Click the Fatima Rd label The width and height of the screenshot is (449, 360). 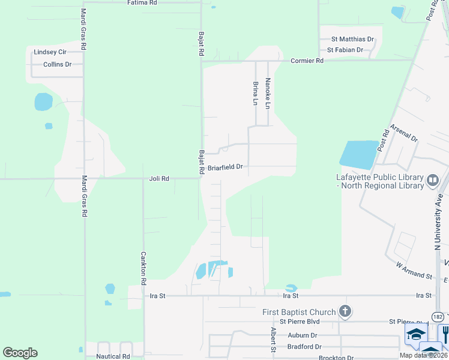[x=142, y=3]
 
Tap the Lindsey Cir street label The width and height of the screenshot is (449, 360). [x=50, y=52]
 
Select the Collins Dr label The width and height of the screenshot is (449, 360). [x=59, y=64]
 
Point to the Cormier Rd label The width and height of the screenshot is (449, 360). [x=307, y=61]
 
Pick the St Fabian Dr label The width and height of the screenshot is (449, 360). [x=345, y=50]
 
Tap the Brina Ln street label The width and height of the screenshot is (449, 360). [x=256, y=94]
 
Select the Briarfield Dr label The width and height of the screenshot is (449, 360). [x=225, y=167]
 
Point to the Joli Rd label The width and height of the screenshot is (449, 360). [x=159, y=179]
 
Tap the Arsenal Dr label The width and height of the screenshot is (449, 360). [x=403, y=133]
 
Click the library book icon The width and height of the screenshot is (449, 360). [x=432, y=180]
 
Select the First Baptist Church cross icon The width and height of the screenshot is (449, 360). [x=344, y=311]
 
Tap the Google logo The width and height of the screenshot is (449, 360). [x=20, y=353]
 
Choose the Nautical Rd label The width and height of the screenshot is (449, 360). [x=113, y=356]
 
